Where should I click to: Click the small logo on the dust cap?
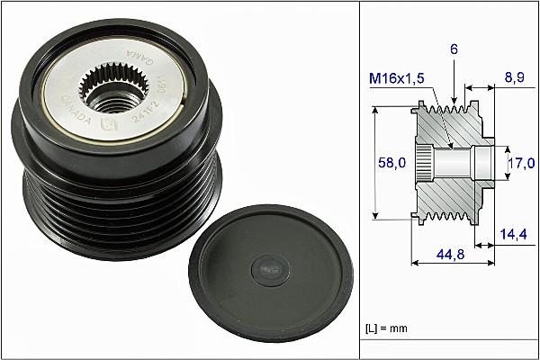point(266,266)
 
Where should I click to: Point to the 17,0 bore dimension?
point(521,163)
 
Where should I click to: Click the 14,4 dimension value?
point(514,233)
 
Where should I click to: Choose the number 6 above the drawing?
point(454,52)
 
